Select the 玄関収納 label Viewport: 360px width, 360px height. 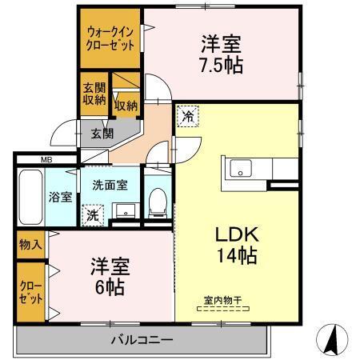[94, 94]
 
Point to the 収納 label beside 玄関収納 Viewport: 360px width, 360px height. [126, 105]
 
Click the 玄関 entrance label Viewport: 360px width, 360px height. [101, 133]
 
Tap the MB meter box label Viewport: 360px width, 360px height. [47, 159]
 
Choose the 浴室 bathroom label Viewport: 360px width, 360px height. [59, 196]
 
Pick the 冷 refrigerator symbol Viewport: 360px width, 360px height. [188, 118]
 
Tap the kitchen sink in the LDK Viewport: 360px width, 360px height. [241, 169]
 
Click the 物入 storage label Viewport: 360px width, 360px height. [30, 245]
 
